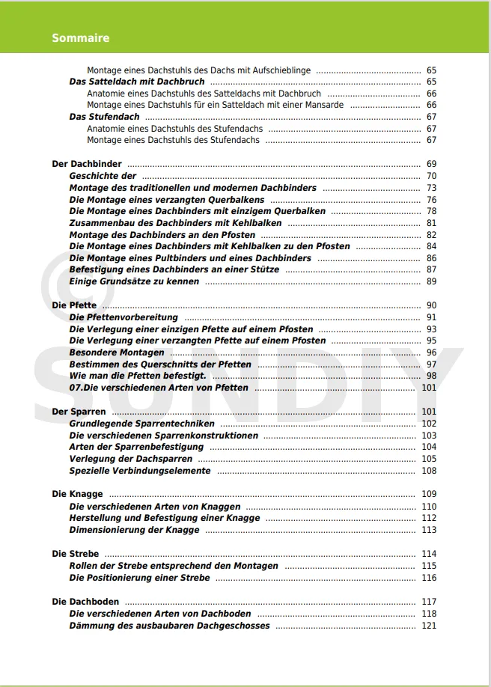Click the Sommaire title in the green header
pyautogui.click(x=81, y=37)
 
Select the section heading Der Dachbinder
pyautogui.click(x=86, y=164)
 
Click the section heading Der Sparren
pyautogui.click(x=79, y=412)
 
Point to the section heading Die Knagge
pyautogui.click(x=77, y=494)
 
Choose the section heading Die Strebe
pyautogui.click(x=75, y=554)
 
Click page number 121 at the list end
pyautogui.click(x=428, y=626)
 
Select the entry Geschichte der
pyautogui.click(x=103, y=176)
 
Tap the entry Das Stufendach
pyautogui.click(x=104, y=117)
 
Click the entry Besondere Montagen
pyautogui.click(x=117, y=352)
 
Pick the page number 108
pyautogui.click(x=428, y=471)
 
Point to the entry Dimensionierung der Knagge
pyautogui.click(x=134, y=530)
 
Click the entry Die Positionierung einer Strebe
pyautogui.click(x=139, y=578)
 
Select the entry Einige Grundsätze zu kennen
pyautogui.click(x=134, y=281)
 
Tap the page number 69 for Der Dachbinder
pyautogui.click(x=431, y=164)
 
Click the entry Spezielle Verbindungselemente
pyautogui.click(x=140, y=471)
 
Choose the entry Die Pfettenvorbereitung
pyautogui.click(x=123, y=317)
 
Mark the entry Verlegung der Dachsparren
pyautogui.click(x=130, y=459)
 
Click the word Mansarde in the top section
pyautogui.click(x=324, y=105)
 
